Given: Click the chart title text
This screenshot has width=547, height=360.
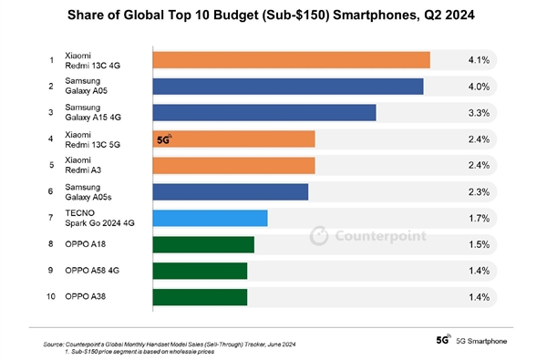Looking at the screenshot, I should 273,16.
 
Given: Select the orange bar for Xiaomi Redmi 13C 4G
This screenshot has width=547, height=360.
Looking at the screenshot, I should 291,60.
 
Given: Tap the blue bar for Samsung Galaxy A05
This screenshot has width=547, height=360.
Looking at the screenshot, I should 288,87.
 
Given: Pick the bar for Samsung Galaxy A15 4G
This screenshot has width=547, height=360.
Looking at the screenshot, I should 264,113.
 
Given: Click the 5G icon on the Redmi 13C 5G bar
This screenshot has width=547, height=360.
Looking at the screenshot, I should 164,139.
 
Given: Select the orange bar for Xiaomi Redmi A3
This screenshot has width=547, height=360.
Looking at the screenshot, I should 233,166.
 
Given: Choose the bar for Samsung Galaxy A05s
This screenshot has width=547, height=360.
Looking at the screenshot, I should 230,191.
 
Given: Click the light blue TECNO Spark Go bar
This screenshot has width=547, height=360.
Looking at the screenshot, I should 210,218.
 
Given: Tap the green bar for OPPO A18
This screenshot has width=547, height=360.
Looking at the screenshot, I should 203,244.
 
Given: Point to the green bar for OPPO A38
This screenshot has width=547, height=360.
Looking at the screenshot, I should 200,297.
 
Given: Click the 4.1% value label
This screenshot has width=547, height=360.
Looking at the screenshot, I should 479,60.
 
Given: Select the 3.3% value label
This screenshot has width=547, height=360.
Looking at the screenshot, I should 479,113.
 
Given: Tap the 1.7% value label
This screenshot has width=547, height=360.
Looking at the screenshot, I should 479,218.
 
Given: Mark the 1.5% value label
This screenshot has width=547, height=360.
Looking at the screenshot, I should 479,244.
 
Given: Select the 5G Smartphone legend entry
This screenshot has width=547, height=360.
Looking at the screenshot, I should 474,339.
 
